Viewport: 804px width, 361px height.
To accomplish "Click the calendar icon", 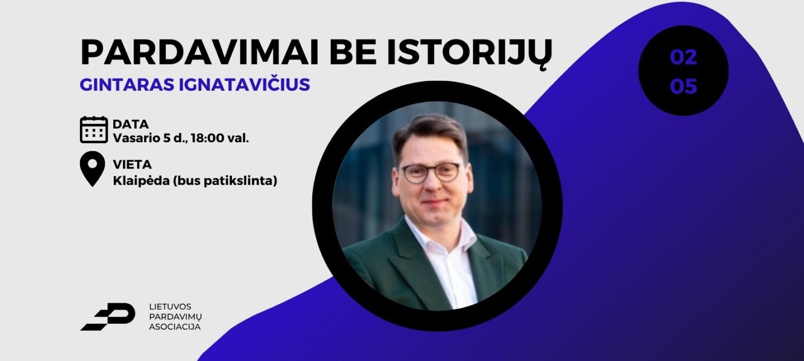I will [94, 130].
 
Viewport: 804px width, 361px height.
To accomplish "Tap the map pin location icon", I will [92, 168].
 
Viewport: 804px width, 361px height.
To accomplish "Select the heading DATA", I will [130, 124].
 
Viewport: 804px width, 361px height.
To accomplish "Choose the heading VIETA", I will [132, 164].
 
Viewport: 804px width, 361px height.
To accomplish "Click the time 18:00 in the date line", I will [207, 138].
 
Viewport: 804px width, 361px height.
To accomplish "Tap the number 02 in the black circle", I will [683, 57].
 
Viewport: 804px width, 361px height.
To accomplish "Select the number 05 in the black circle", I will [683, 86].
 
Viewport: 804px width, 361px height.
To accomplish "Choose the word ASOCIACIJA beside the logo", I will [174, 327].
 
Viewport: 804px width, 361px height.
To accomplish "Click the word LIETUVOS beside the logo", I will [170, 306].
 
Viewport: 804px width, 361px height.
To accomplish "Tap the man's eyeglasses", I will [430, 172].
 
